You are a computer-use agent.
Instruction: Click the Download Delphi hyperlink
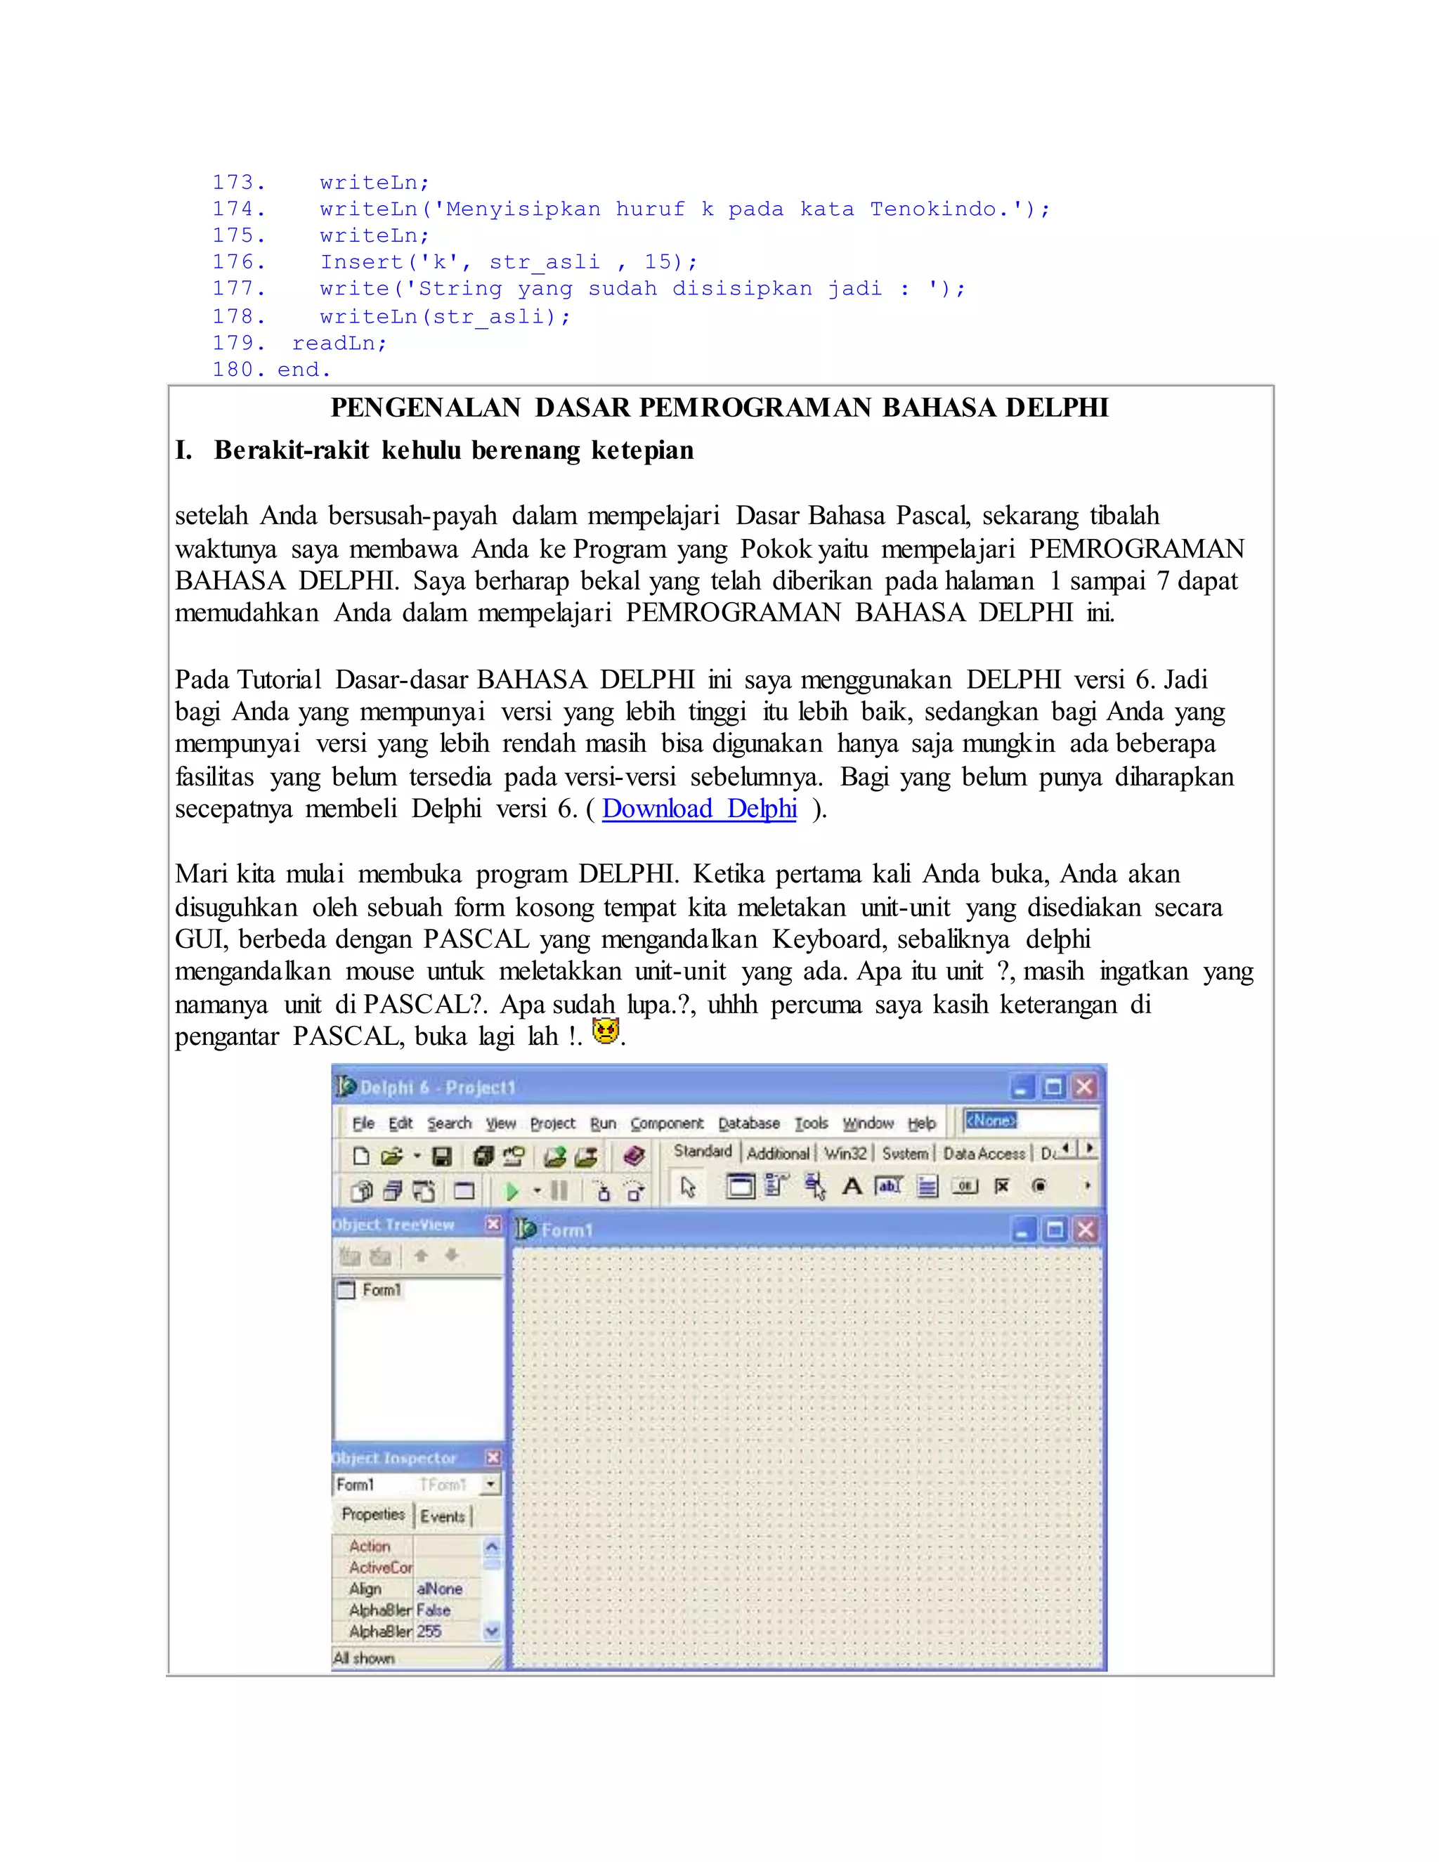point(699,808)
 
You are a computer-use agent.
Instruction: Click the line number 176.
point(239,263)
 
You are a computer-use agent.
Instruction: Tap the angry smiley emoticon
point(605,1031)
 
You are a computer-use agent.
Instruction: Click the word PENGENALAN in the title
point(425,408)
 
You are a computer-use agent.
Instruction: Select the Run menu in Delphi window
point(603,1124)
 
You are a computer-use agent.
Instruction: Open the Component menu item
point(667,1124)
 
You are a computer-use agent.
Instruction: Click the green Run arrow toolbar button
point(512,1191)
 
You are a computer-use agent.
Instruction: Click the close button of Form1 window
point(1085,1230)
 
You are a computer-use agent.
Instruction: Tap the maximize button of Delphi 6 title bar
point(1054,1087)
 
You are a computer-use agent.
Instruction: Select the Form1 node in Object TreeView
point(380,1290)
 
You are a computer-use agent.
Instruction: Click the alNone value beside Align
point(440,1589)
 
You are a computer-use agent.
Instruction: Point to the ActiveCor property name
point(380,1568)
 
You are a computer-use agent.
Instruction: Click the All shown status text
point(364,1658)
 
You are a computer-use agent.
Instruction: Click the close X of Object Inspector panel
point(493,1457)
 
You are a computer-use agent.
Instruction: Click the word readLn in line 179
point(339,344)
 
